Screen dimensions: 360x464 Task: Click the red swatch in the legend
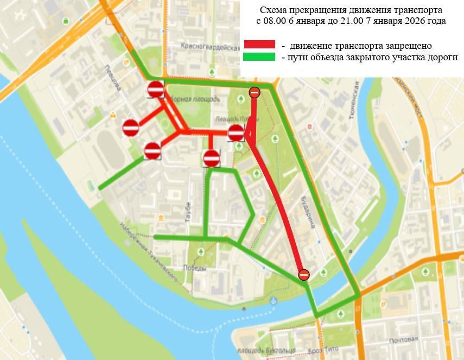[259, 45]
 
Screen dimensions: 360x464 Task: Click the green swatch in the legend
[259, 56]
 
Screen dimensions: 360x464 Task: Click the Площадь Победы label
[232, 118]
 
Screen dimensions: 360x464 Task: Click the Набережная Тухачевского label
[149, 252]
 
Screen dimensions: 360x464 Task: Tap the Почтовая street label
[402, 340]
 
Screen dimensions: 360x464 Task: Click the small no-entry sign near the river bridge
[304, 275]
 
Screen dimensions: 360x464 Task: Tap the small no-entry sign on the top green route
[255, 93]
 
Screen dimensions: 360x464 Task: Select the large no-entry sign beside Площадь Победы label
[236, 132]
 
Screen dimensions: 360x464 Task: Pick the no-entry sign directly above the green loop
[211, 159]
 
